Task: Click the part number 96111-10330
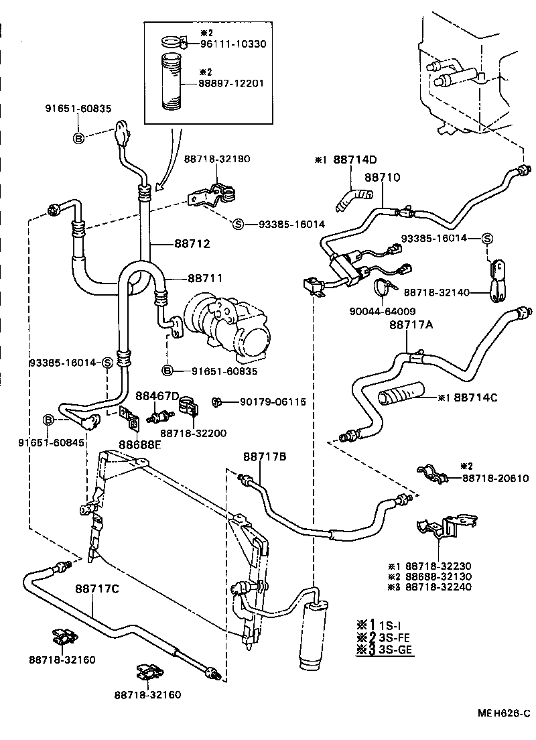click(233, 44)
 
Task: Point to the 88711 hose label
click(205, 277)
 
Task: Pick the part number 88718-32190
click(217, 159)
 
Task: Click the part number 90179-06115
click(273, 402)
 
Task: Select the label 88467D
click(157, 395)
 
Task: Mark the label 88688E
click(140, 444)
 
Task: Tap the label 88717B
click(265, 456)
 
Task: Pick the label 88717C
click(97, 589)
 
